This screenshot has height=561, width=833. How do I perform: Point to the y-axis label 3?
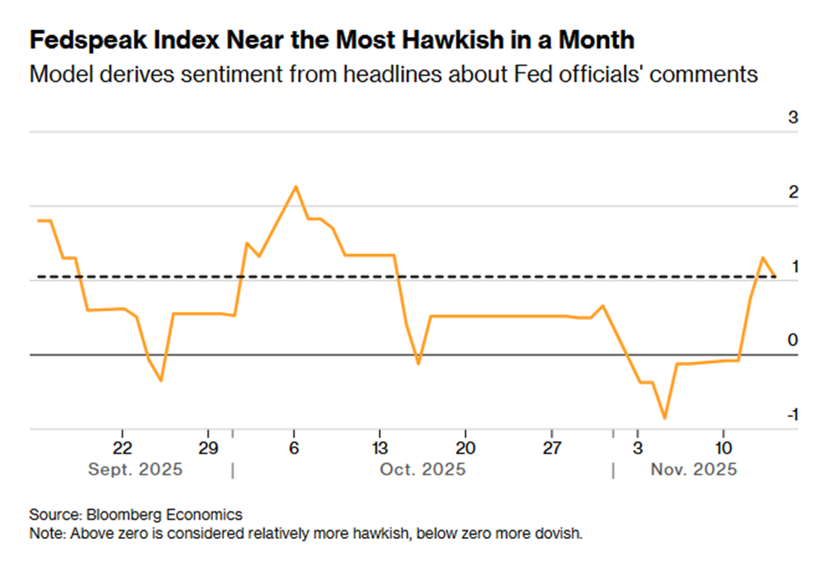point(792,117)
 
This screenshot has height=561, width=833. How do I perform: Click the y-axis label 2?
point(792,192)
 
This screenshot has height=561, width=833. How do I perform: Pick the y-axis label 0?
point(792,340)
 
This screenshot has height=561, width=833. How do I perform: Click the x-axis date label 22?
point(123,445)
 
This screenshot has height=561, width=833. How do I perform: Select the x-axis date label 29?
point(208,445)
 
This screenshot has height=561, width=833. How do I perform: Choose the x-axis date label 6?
point(294,445)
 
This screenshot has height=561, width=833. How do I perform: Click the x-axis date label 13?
point(380,445)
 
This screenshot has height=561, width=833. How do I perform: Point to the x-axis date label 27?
point(551,445)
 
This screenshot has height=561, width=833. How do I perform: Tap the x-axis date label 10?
point(723,445)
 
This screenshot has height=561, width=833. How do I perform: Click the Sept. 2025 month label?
point(136,469)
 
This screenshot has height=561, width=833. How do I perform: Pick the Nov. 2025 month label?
point(694,469)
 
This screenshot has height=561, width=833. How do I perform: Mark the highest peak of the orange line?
point(295,186)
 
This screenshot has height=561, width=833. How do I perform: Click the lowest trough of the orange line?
point(665,418)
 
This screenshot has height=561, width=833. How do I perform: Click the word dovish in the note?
point(560,534)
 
